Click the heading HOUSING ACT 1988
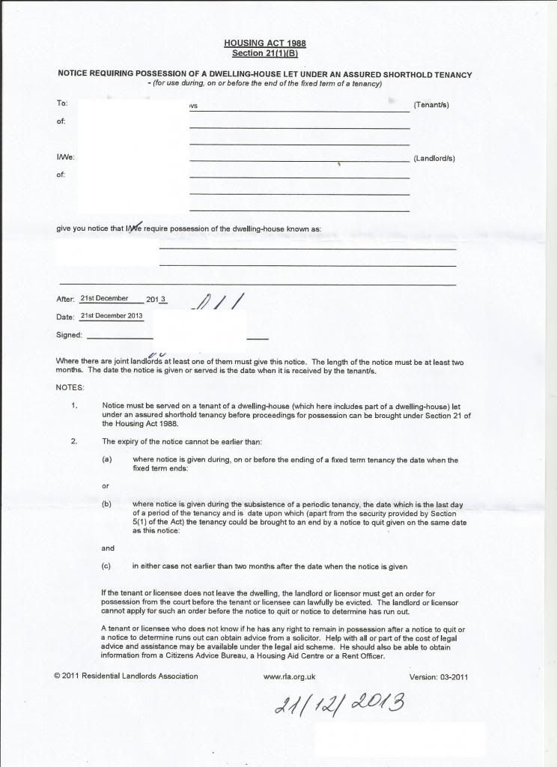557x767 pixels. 265,43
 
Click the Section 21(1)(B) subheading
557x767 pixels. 265,53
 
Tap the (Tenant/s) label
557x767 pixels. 431,105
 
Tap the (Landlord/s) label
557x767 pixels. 434,159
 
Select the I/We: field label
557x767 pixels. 66,158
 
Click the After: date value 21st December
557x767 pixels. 105,298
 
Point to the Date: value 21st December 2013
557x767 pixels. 112,315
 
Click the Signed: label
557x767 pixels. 69,335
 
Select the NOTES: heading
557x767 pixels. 70,387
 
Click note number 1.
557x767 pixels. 74,406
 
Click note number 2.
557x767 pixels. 74,441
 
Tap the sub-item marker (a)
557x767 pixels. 107,459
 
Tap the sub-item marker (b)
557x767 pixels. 107,504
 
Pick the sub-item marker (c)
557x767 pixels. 107,566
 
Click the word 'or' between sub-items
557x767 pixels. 106,486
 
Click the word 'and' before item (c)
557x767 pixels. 108,548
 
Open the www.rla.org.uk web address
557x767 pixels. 290,676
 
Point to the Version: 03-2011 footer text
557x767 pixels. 439,676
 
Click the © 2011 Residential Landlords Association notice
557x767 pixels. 126,676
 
